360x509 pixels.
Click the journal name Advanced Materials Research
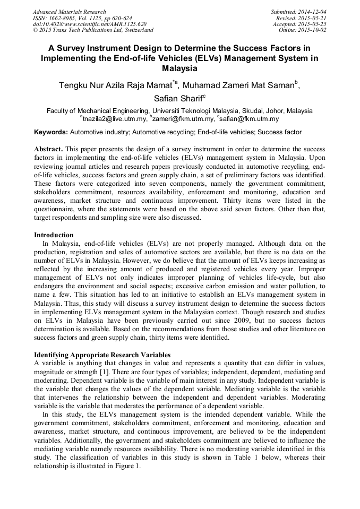[x=69, y=12]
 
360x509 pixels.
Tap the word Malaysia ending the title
[x=180, y=68]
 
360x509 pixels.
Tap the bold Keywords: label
[x=51, y=132]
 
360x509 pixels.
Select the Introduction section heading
[x=54, y=235]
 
